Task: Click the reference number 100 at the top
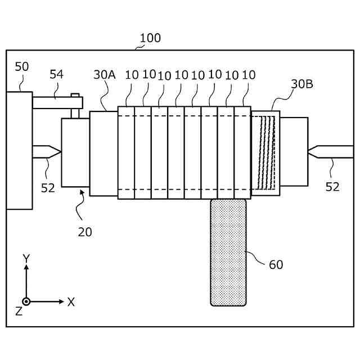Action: (150, 38)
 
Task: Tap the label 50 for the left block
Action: (21, 66)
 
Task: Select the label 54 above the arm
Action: (57, 74)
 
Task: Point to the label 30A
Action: (104, 74)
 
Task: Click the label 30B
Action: (302, 84)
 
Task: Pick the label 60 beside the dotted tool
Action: (276, 264)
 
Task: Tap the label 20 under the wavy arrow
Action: (85, 231)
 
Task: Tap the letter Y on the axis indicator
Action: (26, 258)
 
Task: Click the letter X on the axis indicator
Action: (71, 302)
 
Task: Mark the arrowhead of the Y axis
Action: (26, 268)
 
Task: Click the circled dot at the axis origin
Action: (26, 301)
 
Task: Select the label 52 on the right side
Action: (332, 187)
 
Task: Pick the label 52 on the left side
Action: (48, 188)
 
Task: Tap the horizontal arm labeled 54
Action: (56, 103)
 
